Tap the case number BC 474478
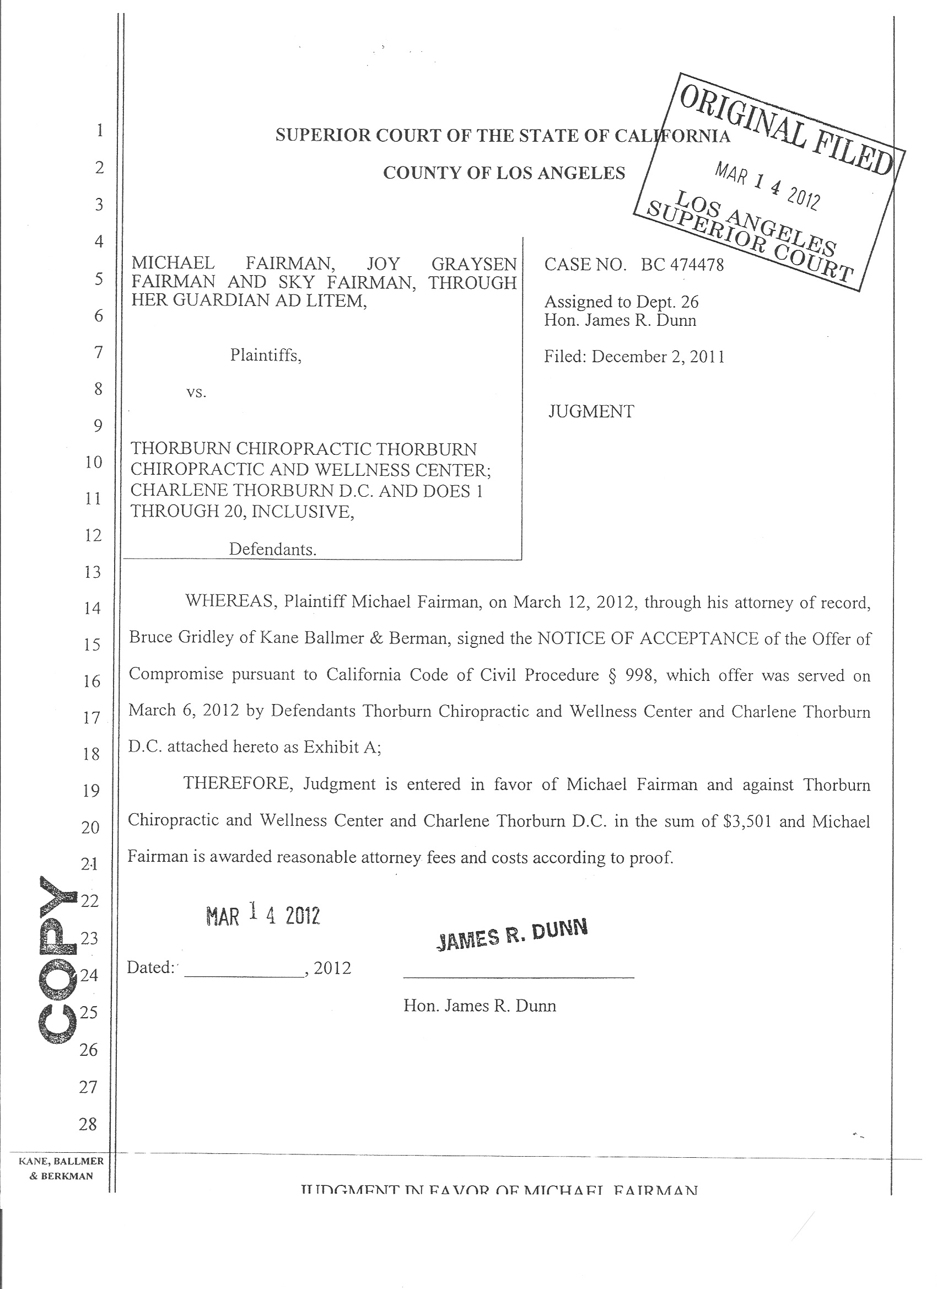[x=682, y=265]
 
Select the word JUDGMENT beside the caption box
[x=591, y=411]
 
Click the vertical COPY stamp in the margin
[x=57, y=960]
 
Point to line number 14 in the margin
[x=92, y=608]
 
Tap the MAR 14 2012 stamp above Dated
[x=263, y=916]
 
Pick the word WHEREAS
[x=230, y=602]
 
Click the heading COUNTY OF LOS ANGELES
[x=504, y=173]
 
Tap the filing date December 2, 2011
[x=658, y=357]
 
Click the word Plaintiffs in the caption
[x=265, y=356]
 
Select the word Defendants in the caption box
[x=273, y=549]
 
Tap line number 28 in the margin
[x=88, y=1124]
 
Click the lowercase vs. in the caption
[x=196, y=392]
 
